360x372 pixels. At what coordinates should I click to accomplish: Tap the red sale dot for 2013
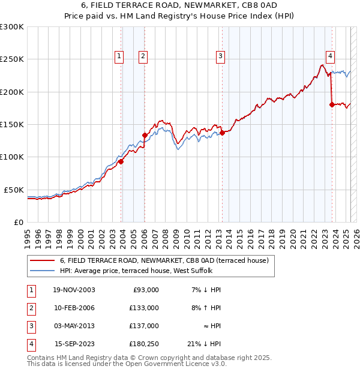pos(222,133)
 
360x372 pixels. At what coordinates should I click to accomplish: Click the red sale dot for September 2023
pos(332,104)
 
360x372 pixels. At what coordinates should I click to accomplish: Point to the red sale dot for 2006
pos(145,135)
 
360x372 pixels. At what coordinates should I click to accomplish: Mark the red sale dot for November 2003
pos(121,161)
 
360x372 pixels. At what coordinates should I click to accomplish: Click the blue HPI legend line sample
pos(42,271)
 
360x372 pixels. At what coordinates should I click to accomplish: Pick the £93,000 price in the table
pos(145,290)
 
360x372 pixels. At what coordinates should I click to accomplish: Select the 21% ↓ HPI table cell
pos(204,344)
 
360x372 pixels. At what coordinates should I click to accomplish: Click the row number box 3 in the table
pos(30,326)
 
